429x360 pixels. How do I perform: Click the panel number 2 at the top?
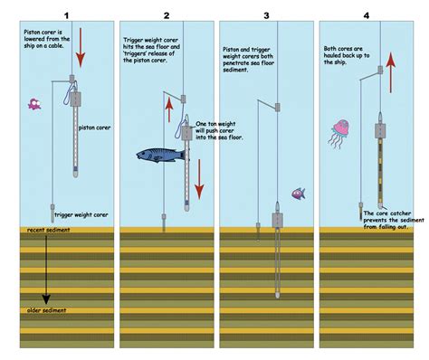pyautogui.click(x=166, y=15)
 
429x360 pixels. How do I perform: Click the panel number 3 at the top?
pyautogui.click(x=266, y=15)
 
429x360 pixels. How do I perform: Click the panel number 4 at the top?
pyautogui.click(x=366, y=15)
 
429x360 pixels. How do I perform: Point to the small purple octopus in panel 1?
pyautogui.click(x=35, y=104)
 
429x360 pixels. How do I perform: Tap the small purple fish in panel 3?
pyautogui.click(x=298, y=194)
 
